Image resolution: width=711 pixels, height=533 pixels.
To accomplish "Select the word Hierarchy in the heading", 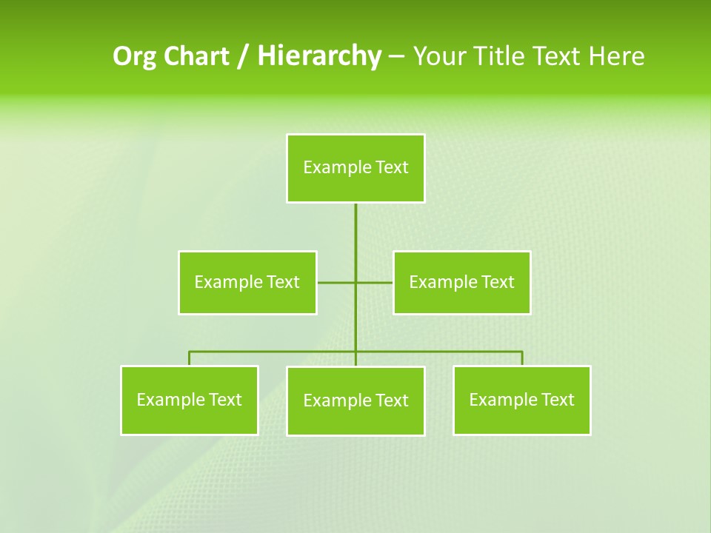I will point(319,56).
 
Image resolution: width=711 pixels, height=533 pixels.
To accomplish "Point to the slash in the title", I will point(243,56).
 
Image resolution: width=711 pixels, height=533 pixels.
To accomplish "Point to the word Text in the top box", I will point(392,167).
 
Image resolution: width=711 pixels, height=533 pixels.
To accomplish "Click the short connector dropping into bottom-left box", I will point(190,358).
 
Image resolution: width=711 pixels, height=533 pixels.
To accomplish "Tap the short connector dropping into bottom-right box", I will point(522,358).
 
